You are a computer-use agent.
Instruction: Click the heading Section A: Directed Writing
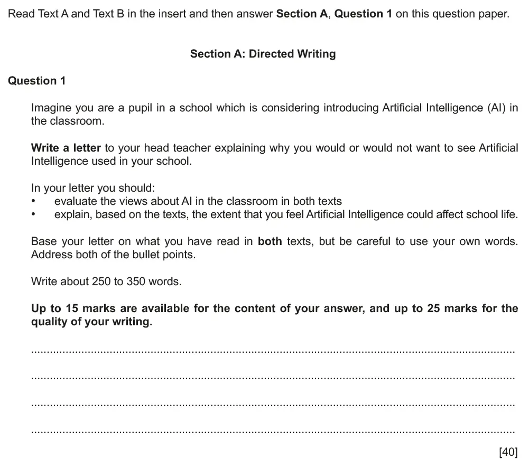pyautogui.click(x=263, y=54)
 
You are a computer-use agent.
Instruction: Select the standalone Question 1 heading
pyautogui.click(x=37, y=81)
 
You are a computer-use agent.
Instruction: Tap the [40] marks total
pyautogui.click(x=508, y=452)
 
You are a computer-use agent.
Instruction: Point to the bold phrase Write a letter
pyautogui.click(x=66, y=148)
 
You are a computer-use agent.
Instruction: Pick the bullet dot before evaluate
pyautogui.click(x=34, y=201)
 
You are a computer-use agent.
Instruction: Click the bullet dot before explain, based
pyautogui.click(x=34, y=214)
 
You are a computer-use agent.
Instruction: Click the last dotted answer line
pyautogui.click(x=273, y=432)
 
